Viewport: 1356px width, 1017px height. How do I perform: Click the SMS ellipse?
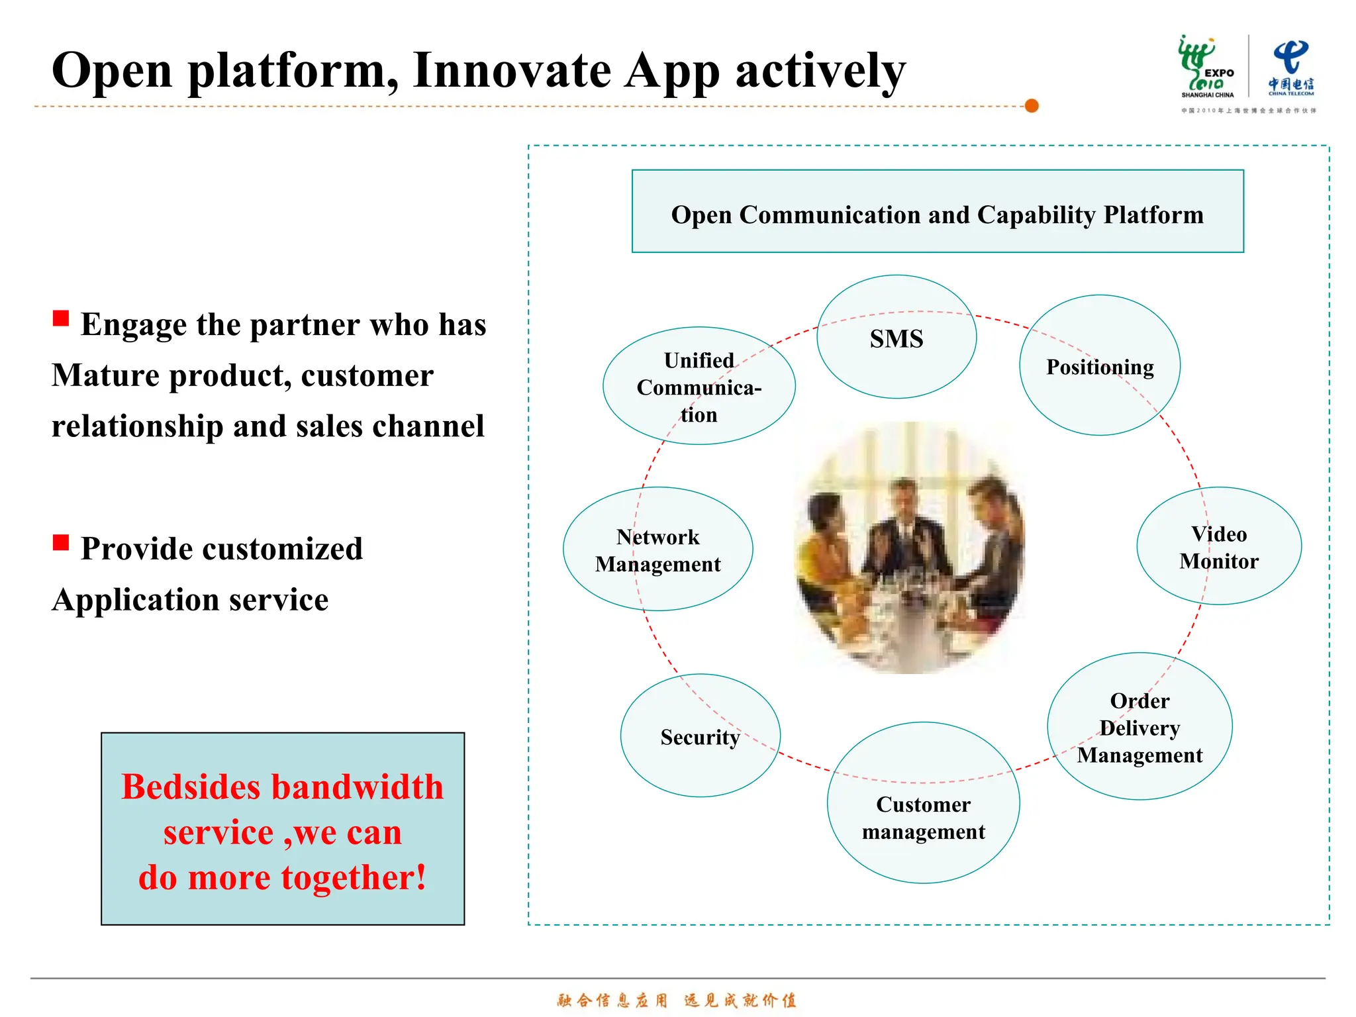896,338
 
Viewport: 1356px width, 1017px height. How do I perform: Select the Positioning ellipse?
1099,365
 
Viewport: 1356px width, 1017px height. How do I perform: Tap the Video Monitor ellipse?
1218,546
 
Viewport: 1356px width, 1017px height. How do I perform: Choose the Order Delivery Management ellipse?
1139,727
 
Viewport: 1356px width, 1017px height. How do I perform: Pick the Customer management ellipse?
923,802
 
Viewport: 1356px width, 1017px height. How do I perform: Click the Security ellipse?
700,736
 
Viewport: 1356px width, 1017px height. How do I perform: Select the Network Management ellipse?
657,549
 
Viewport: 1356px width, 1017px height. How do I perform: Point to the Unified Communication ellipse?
699,386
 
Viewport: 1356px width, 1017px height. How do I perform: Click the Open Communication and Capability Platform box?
937,212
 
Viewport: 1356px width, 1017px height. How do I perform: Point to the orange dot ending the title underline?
1032,106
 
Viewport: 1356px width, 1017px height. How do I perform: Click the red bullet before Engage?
61,318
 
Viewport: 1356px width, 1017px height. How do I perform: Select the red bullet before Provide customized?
61,543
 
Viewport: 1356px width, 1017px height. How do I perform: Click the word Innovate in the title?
512,70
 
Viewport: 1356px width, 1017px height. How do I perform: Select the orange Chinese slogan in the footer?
677,1000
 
